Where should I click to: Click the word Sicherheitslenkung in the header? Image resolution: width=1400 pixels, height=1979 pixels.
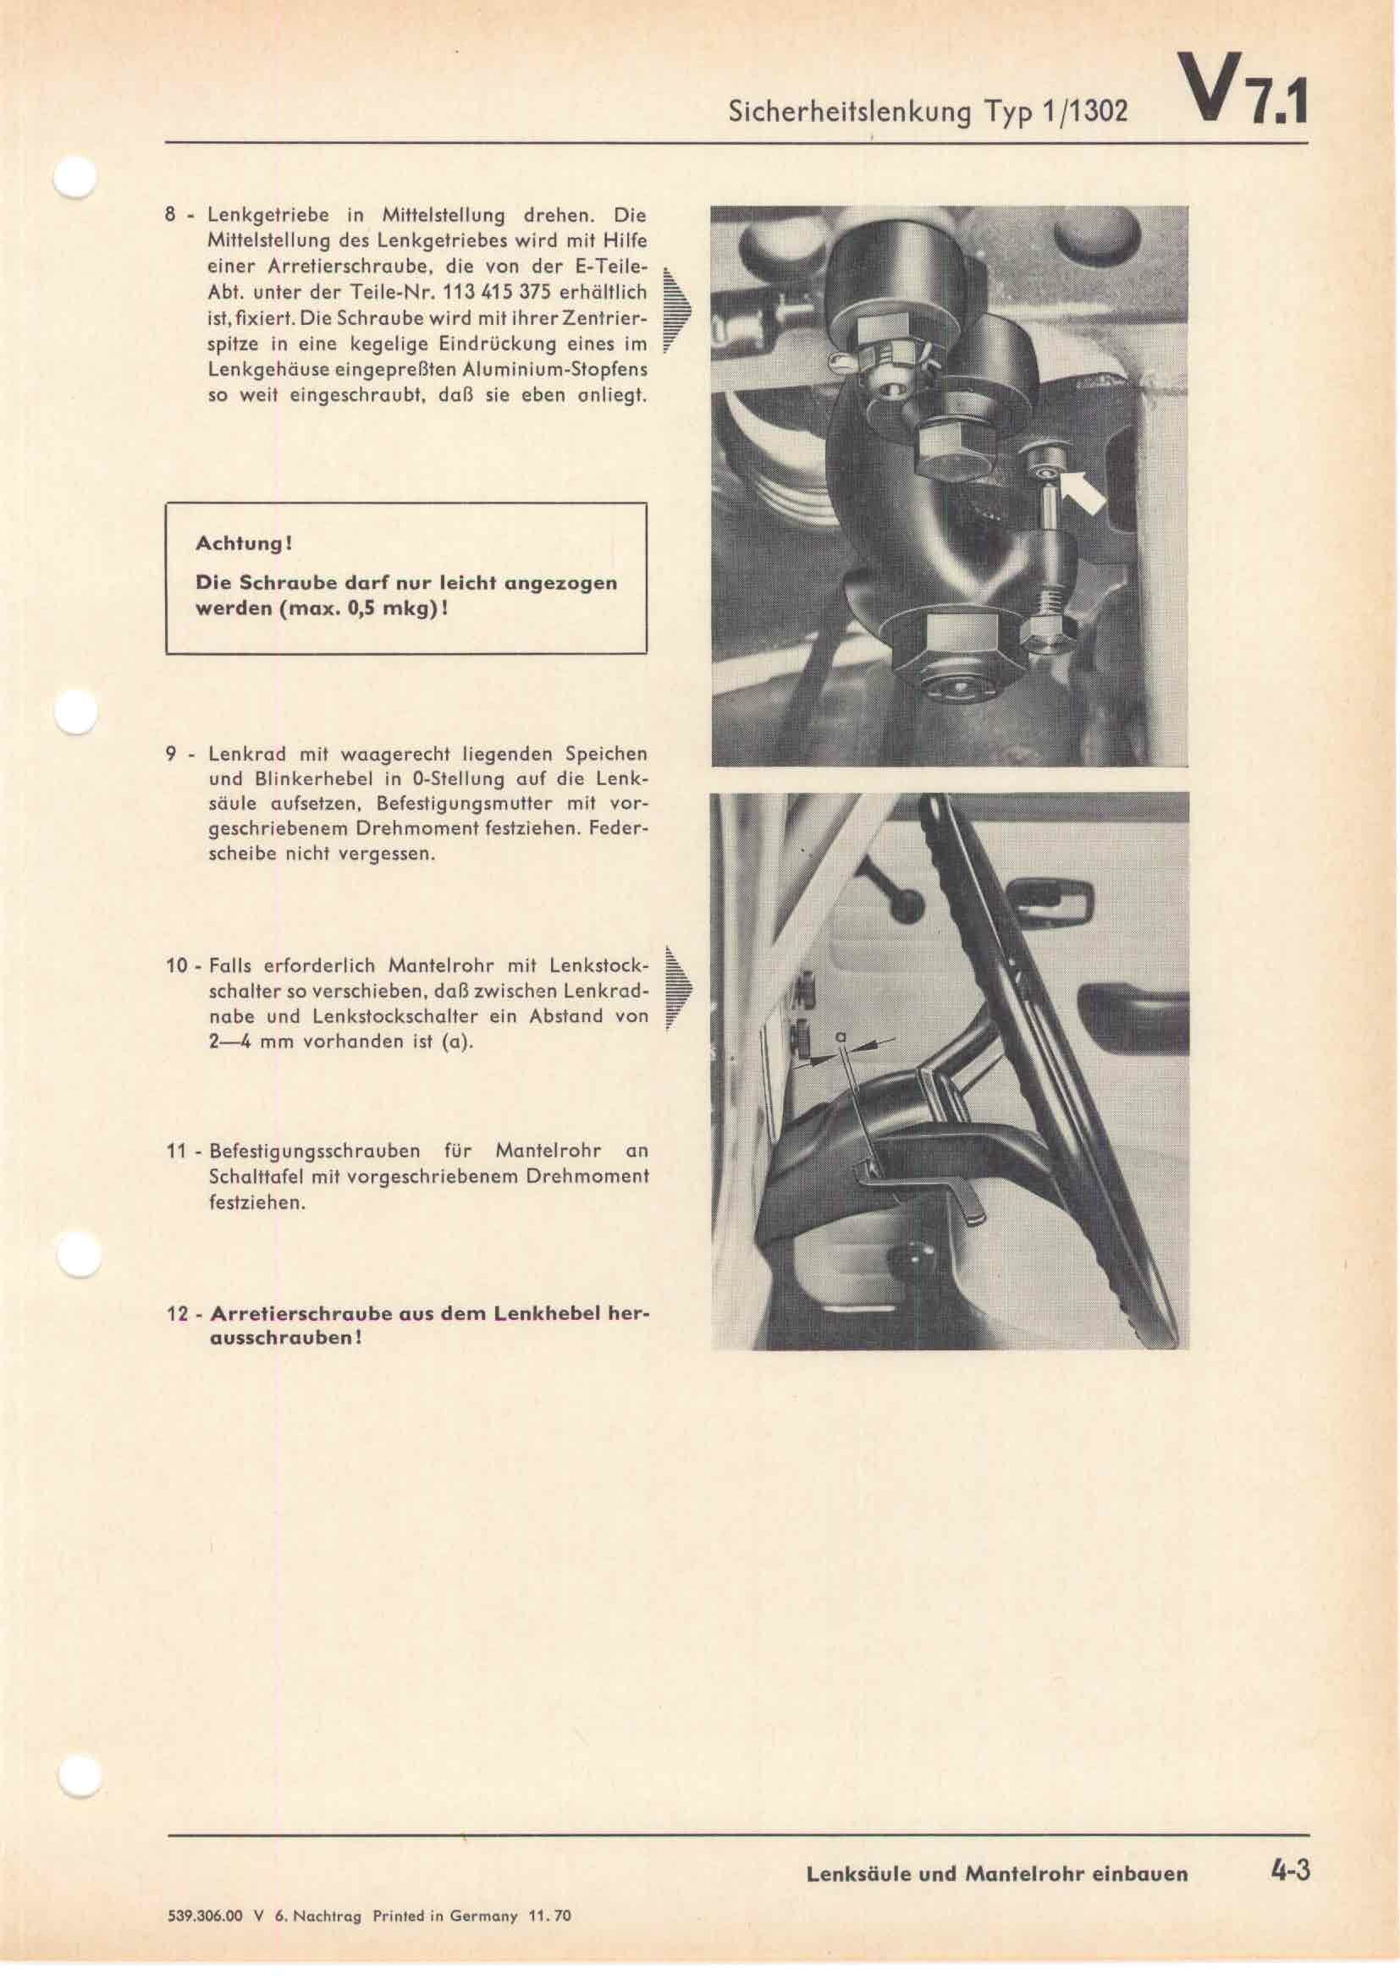point(850,112)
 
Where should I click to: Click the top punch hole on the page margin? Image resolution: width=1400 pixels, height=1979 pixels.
point(76,179)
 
